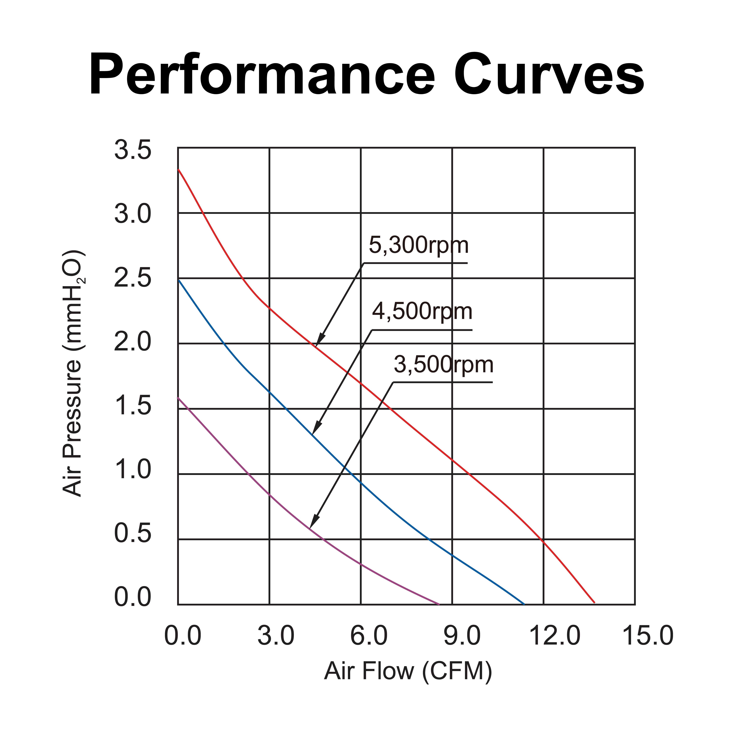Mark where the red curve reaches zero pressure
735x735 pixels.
click(594, 603)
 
